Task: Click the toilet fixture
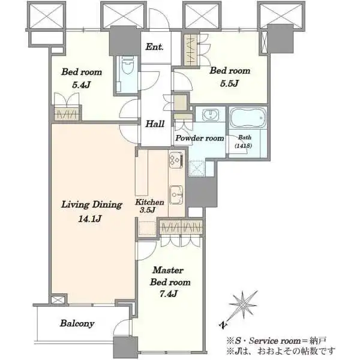click(x=127, y=65)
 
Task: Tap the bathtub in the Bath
click(x=248, y=118)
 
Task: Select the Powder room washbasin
click(x=211, y=115)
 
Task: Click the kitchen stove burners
click(x=176, y=160)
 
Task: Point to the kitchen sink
click(x=176, y=194)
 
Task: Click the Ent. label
click(x=155, y=47)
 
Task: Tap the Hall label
click(x=155, y=124)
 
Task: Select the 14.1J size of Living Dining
click(x=90, y=219)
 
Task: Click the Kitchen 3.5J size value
click(x=148, y=209)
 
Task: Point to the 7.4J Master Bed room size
click(x=169, y=294)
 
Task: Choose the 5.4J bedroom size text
click(x=81, y=85)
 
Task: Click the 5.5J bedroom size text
click(x=229, y=83)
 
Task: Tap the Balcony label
click(x=77, y=323)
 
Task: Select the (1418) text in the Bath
click(x=243, y=146)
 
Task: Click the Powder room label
click(x=200, y=138)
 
